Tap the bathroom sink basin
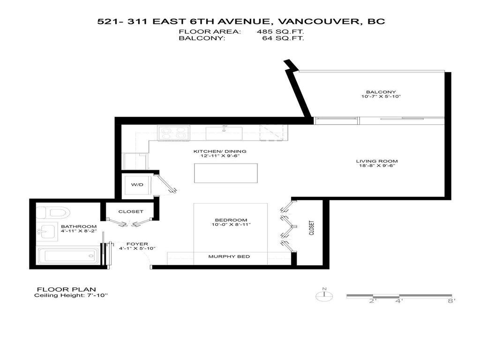tap(46, 231)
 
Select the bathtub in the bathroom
tap(67, 256)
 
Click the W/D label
tap(137, 184)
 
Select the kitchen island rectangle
tap(226, 173)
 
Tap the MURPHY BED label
tap(229, 256)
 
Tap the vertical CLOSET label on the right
tap(311, 228)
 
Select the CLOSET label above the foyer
tap(130, 212)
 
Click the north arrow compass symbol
tap(324, 295)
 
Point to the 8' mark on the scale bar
tap(451, 301)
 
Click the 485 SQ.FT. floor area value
tap(279, 32)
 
